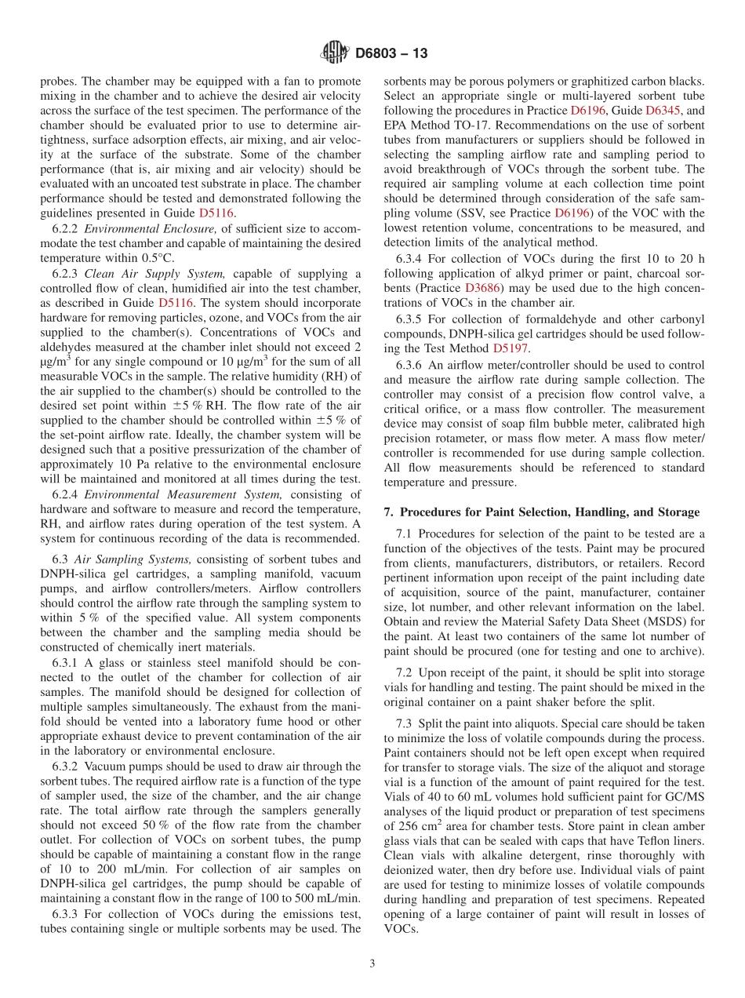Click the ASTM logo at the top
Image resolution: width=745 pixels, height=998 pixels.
click(335, 53)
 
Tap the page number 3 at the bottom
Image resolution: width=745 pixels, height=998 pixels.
click(372, 963)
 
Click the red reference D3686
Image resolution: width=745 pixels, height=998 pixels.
click(485, 287)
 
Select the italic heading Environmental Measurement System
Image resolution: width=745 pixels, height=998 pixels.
click(184, 494)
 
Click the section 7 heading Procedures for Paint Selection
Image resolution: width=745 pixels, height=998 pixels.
click(541, 512)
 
